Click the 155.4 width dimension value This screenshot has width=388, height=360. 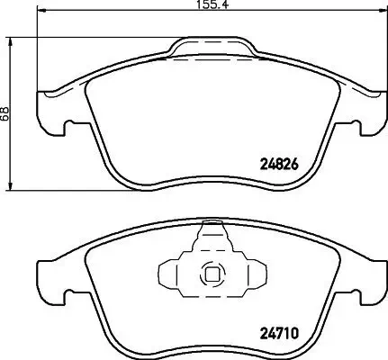click(x=209, y=6)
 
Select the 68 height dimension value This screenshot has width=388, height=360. click(x=5, y=113)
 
